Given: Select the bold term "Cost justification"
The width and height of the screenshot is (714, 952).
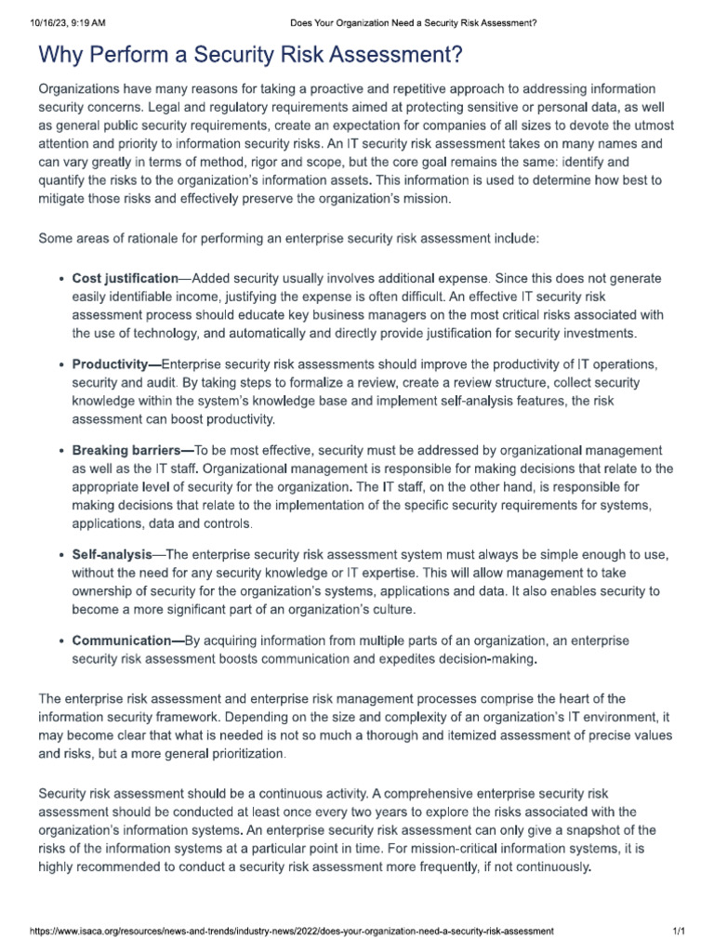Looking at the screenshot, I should [x=125, y=278].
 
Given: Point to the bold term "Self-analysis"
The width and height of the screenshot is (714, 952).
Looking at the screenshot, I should [x=112, y=555].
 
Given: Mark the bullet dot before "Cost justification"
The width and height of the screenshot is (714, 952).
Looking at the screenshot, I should [x=60, y=279].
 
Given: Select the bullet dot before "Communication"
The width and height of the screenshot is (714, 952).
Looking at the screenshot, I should [x=60, y=641].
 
